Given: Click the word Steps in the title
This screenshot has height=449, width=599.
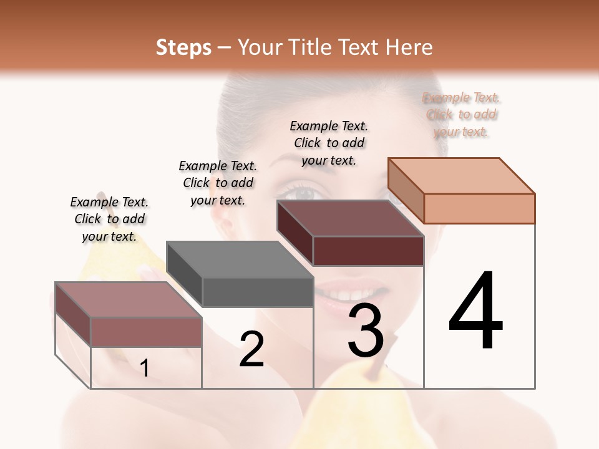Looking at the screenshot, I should (x=183, y=47).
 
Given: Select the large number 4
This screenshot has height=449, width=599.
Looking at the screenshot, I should (x=475, y=312).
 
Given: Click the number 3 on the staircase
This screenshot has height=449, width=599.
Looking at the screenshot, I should (x=366, y=330).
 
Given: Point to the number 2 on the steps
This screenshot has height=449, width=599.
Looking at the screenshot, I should (x=251, y=349).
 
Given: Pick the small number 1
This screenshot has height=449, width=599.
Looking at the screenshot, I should (x=145, y=369).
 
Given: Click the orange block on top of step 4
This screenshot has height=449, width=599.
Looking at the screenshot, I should (x=462, y=190).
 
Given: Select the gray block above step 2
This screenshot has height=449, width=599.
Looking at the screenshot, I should (x=240, y=274).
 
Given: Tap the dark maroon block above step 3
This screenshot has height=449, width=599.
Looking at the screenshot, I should (x=351, y=233).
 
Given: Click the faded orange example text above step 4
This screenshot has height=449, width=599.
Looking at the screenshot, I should (x=461, y=115).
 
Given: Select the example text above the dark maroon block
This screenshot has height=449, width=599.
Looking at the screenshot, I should (x=329, y=143).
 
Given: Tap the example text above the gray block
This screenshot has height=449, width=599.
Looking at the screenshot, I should (x=218, y=183).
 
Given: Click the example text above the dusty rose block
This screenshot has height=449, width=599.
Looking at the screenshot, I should (x=109, y=219).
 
